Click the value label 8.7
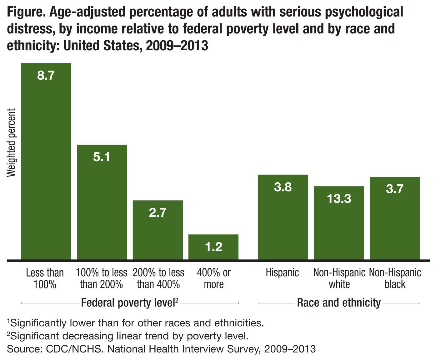point(46,76)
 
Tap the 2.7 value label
point(158,213)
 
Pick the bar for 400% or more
point(213,250)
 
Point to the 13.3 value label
point(339,199)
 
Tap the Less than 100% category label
point(45,278)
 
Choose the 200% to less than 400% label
point(158,278)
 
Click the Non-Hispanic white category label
point(339,278)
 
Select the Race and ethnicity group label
point(339,303)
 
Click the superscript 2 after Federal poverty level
point(177,300)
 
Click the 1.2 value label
point(213,247)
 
